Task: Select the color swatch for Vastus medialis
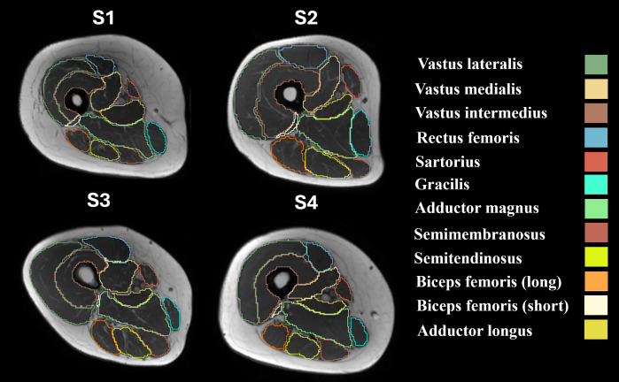point(596,88)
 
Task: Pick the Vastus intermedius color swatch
point(596,113)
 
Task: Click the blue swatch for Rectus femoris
point(596,137)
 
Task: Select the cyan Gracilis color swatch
point(596,186)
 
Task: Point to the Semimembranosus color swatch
point(596,233)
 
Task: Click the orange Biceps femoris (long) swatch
point(596,282)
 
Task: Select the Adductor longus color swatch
point(596,330)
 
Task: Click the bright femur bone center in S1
point(78,100)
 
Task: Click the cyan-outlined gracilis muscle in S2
point(360,129)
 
